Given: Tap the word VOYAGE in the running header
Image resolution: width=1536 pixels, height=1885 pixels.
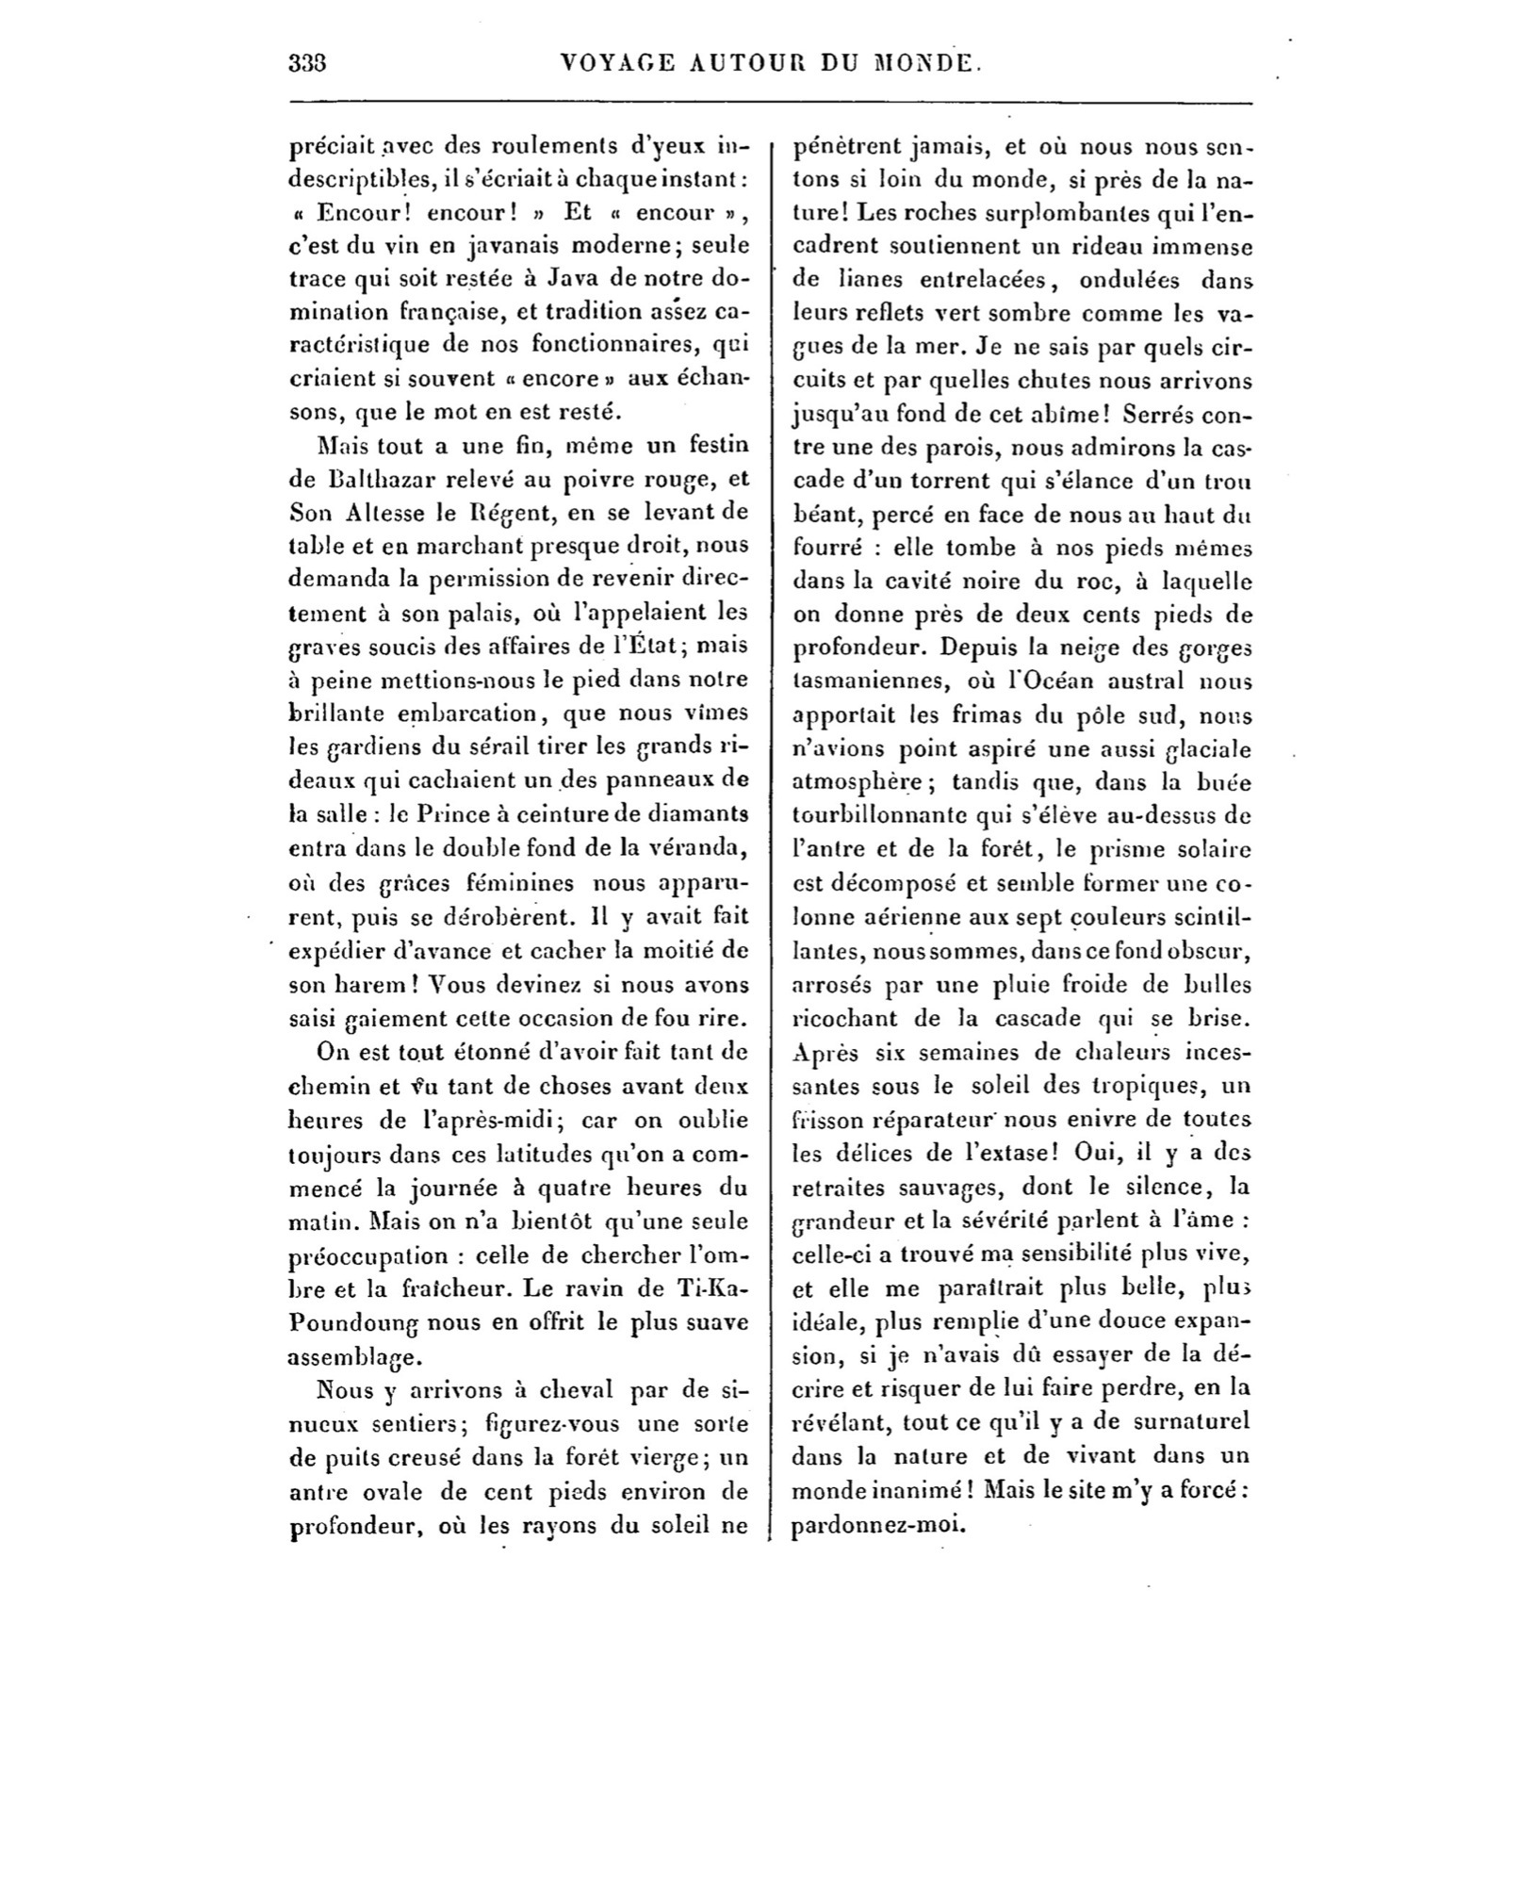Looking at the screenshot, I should click(616, 64).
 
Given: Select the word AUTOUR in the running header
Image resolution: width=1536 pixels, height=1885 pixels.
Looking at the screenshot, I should click(743, 64).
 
